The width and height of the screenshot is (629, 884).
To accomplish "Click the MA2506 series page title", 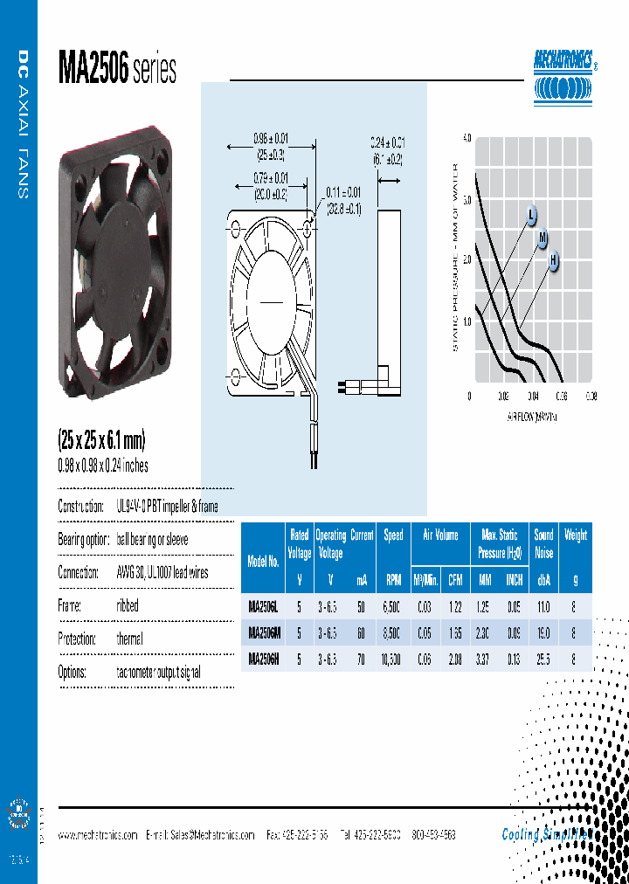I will click(x=117, y=69).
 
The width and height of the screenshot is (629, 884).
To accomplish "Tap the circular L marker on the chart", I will click(x=531, y=214).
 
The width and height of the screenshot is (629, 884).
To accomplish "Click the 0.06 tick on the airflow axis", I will click(x=561, y=396).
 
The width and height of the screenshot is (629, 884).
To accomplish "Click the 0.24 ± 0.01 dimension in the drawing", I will click(x=386, y=142).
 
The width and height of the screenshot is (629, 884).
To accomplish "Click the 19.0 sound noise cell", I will click(x=544, y=632).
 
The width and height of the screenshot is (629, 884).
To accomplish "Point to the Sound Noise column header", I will click(x=544, y=542).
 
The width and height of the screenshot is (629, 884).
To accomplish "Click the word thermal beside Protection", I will click(x=130, y=639).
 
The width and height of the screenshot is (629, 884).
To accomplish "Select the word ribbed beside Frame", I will click(x=128, y=605).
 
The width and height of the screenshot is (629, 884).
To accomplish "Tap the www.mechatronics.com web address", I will click(x=98, y=835).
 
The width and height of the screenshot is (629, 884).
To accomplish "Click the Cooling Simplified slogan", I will click(x=546, y=834).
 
